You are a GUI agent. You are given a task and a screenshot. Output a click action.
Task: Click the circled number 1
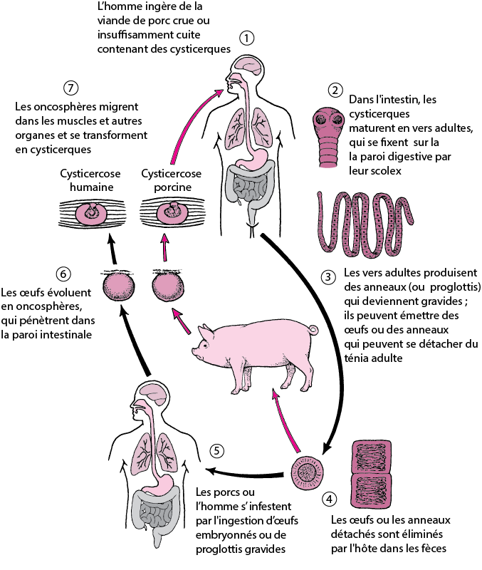247,38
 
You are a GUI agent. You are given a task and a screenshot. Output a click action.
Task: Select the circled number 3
328,276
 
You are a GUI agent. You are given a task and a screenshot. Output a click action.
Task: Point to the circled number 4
328,499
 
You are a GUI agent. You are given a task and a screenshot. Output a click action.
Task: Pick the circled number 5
218,450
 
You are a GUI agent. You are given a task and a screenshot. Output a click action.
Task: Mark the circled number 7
70,88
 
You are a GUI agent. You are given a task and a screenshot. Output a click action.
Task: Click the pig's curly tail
313,329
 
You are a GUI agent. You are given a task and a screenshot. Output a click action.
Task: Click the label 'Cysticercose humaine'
89,180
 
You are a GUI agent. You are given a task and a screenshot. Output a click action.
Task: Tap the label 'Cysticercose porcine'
171,180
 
